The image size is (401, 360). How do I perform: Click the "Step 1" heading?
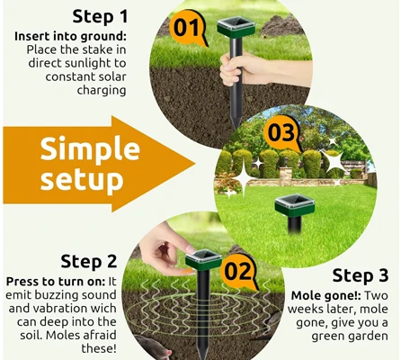(100, 16)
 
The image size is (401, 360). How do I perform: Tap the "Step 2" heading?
(89, 261)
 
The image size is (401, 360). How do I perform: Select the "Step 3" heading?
(361, 275)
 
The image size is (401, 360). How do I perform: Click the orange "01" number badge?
(188, 29)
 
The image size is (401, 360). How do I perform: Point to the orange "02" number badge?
(239, 272)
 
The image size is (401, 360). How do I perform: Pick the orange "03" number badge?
(281, 133)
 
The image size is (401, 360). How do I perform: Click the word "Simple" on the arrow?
(90, 149)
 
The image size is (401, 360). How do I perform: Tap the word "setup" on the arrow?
(82, 179)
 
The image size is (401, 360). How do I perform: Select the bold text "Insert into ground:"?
(70, 36)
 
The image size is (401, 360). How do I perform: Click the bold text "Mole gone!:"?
(326, 296)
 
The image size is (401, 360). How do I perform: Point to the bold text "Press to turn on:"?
(56, 282)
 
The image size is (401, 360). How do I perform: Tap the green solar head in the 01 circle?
(236, 27)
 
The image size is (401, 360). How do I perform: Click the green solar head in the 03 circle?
(295, 205)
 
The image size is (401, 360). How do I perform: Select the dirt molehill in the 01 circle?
(282, 26)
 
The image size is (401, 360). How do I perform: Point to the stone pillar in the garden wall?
(285, 176)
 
